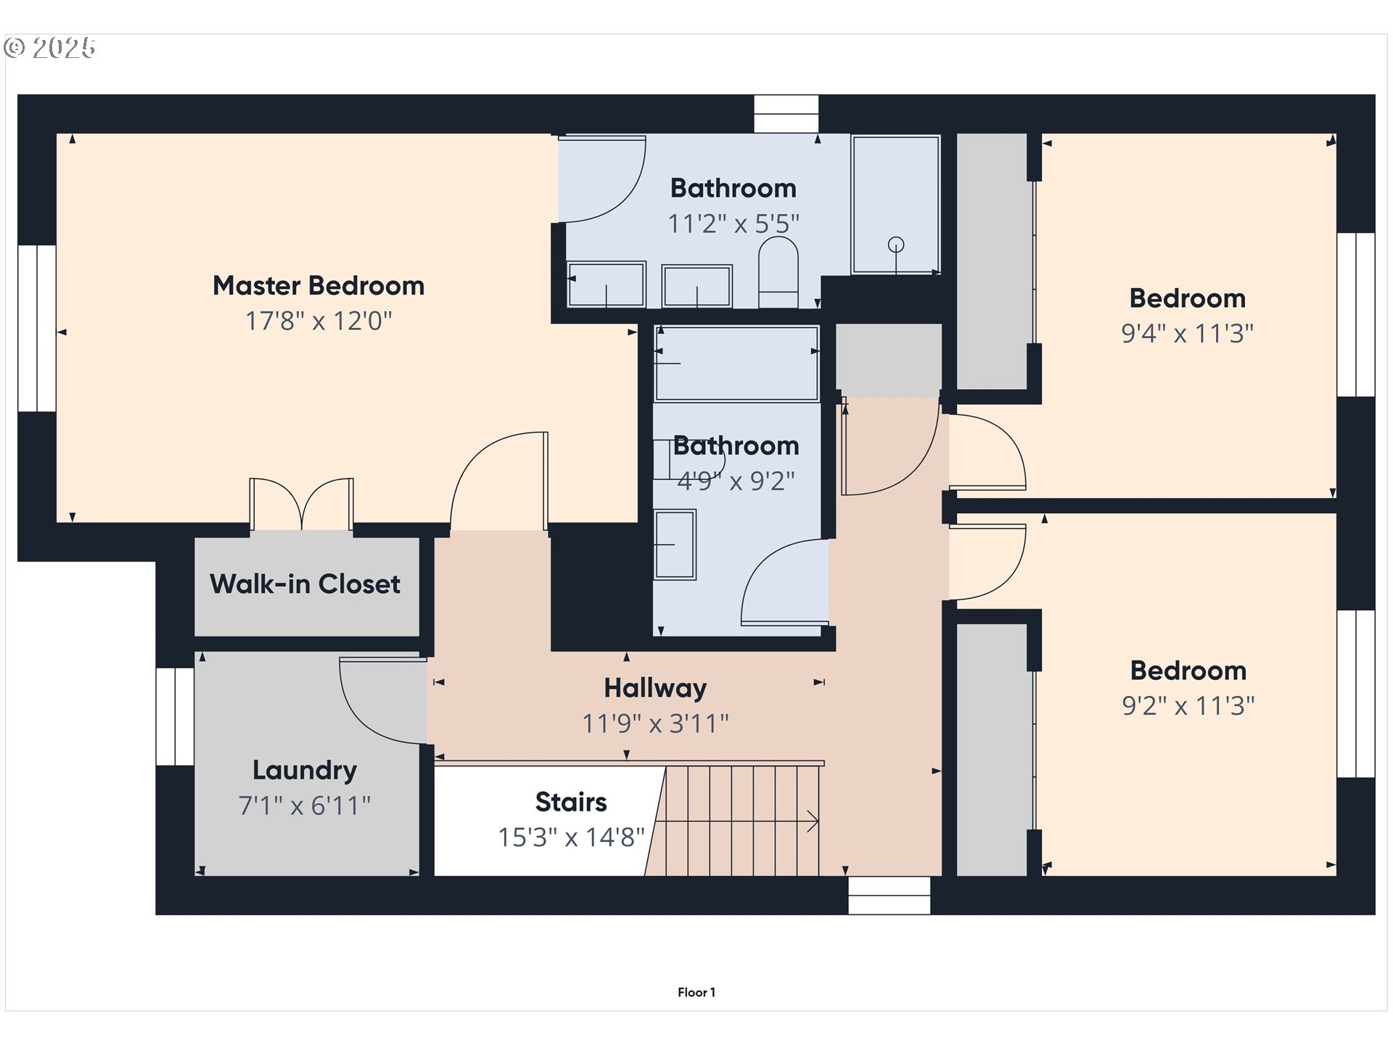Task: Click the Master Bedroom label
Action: click(x=318, y=285)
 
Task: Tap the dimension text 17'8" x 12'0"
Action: click(x=318, y=321)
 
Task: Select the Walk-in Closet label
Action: click(x=305, y=584)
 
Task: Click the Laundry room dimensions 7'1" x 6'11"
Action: click(x=305, y=806)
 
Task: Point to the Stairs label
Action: click(x=571, y=802)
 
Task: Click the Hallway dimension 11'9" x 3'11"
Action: click(x=655, y=724)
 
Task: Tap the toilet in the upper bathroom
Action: click(x=778, y=272)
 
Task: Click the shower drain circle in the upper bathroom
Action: click(x=896, y=245)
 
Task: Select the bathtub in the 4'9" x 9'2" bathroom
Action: click(x=736, y=364)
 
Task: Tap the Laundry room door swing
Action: click(x=377, y=700)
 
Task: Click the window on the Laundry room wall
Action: click(x=175, y=716)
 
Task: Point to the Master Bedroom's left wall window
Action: click(x=37, y=329)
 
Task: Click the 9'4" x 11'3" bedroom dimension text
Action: click(x=1187, y=334)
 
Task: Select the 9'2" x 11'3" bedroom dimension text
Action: click(x=1188, y=706)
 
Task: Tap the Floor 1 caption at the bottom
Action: click(x=696, y=992)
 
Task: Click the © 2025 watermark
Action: click(x=50, y=48)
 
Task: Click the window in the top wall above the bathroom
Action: click(x=786, y=114)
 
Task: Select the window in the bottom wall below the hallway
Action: click(x=889, y=896)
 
